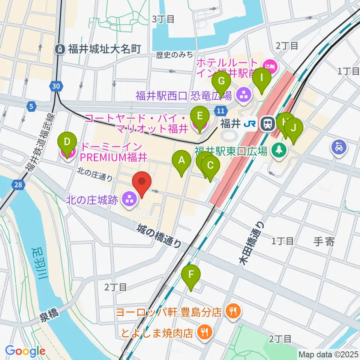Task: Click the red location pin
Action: [x=142, y=182]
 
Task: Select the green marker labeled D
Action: [x=67, y=142]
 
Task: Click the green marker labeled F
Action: [x=191, y=275]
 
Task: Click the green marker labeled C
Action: [x=210, y=165]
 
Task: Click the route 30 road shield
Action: [x=56, y=87]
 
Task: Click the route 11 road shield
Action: [x=221, y=111]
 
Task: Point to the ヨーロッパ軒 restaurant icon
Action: [x=232, y=310]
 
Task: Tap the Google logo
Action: [x=25, y=351]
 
